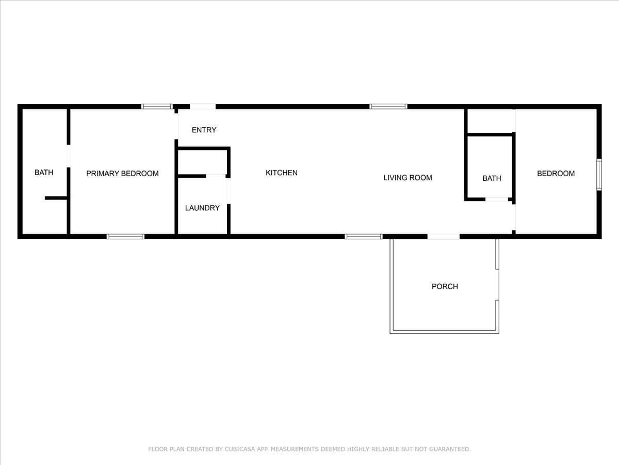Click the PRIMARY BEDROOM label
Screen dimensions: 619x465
pyautogui.click(x=122, y=174)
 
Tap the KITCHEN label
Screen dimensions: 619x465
pyautogui.click(x=282, y=173)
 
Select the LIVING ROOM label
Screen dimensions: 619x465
pyautogui.click(x=408, y=178)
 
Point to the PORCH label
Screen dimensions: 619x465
pyautogui.click(x=445, y=286)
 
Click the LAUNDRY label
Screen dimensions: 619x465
pyautogui.click(x=202, y=208)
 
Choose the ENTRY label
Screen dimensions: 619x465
pyautogui.click(x=204, y=130)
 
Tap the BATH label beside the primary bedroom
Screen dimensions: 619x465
pyautogui.click(x=44, y=172)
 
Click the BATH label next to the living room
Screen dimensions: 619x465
pyautogui.click(x=492, y=178)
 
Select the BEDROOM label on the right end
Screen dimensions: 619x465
pyautogui.click(x=556, y=174)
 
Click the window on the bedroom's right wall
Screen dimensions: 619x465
pyautogui.click(x=599, y=175)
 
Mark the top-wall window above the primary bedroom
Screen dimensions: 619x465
pyautogui.click(x=157, y=106)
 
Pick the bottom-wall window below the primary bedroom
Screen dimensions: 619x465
pyautogui.click(x=125, y=237)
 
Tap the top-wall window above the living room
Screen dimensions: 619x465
pyautogui.click(x=388, y=106)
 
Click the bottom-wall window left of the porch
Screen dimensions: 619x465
pyautogui.click(x=364, y=237)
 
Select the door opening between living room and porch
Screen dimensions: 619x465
pyautogui.click(x=444, y=237)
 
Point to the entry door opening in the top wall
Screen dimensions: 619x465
pyautogui.click(x=203, y=106)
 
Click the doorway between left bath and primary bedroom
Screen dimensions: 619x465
pyautogui.click(x=69, y=156)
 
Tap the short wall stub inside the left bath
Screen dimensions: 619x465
pyautogui.click(x=56, y=198)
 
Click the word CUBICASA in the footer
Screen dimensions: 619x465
pyautogui.click(x=239, y=449)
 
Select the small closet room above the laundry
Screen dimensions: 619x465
pyautogui.click(x=203, y=162)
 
